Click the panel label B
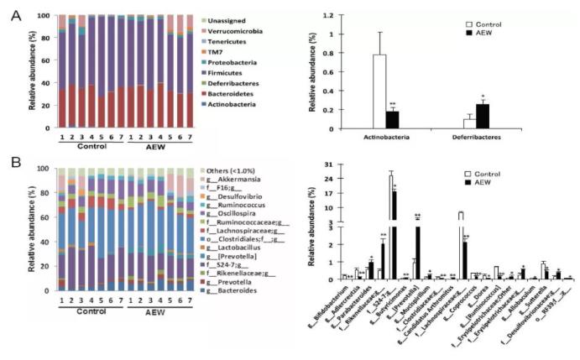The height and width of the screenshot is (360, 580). point(13,156)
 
